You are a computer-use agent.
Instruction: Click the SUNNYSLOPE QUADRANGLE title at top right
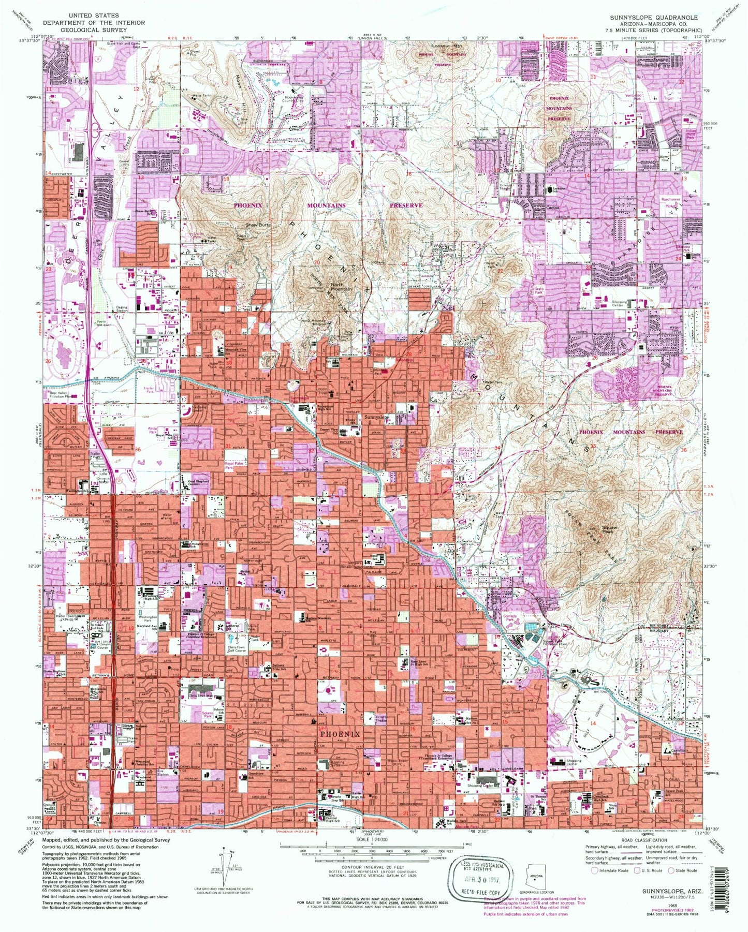tap(653, 17)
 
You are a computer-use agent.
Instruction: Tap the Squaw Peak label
tap(610, 529)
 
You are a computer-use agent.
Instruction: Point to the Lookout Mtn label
tap(447, 46)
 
